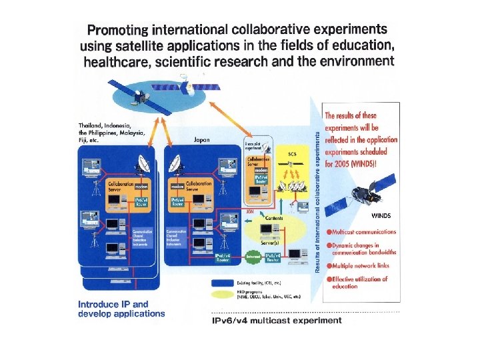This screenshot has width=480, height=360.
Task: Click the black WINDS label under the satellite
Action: pos(381,215)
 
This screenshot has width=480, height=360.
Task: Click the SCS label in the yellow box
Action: pos(292,154)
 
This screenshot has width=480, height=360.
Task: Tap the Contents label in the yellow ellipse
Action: pos(274,218)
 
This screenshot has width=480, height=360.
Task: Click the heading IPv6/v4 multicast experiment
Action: pos(276,320)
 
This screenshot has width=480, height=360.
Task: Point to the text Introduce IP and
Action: pos(113,304)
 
